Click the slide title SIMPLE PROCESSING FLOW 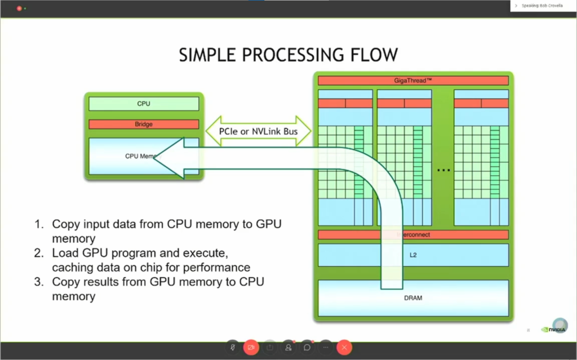tap(288, 55)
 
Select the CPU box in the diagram tap(144, 104)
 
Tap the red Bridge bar tap(144, 124)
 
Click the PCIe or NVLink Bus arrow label tap(258, 131)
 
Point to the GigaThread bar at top tap(414, 81)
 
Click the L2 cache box tap(414, 255)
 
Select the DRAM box tap(414, 297)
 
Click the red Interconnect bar tap(414, 234)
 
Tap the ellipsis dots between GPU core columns tap(444, 170)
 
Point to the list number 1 tap(38, 224)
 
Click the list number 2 tap(38, 252)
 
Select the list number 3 tap(38, 281)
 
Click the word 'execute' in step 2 tap(205, 252)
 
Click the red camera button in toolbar tap(251, 348)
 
